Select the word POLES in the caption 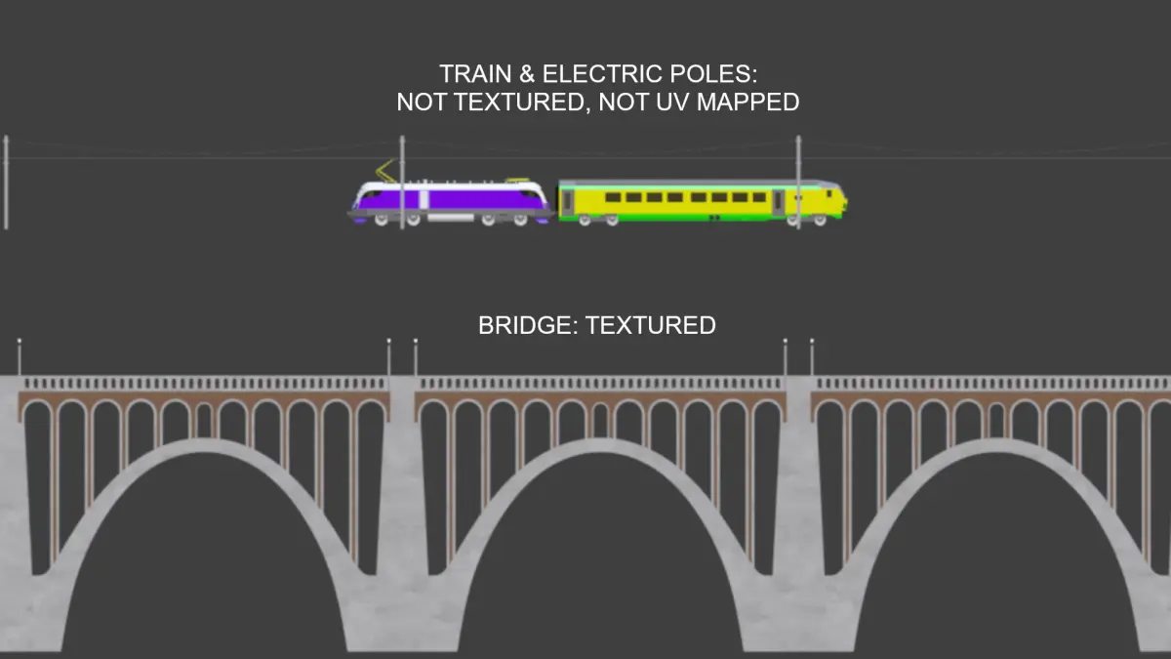[713, 74]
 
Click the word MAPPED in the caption [748, 102]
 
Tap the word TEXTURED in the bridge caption [650, 325]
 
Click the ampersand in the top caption [527, 74]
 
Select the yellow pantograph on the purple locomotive [385, 171]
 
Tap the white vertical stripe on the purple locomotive [424, 199]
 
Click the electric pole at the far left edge [6, 183]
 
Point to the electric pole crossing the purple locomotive [402, 183]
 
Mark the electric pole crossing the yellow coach [798, 183]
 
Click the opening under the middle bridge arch [601, 555]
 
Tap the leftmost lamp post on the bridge [20, 356]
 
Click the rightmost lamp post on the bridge [812, 356]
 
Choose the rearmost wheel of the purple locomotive [382, 221]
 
